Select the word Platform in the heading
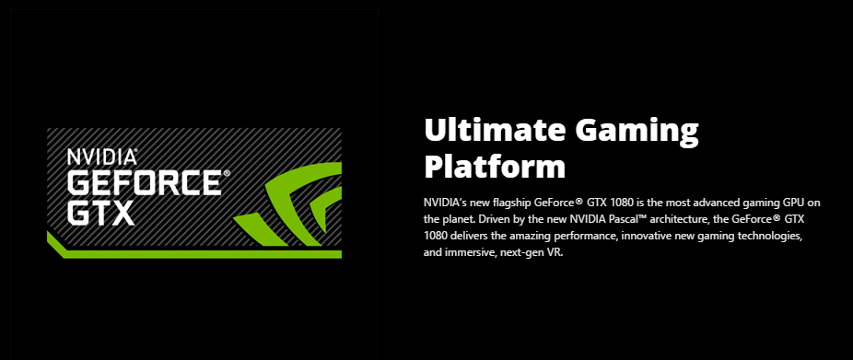[x=495, y=166]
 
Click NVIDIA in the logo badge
[x=102, y=157]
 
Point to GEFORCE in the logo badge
[x=144, y=181]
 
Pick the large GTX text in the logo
[x=100, y=212]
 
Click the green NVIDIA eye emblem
[x=287, y=203]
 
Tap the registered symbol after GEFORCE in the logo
[x=227, y=173]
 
